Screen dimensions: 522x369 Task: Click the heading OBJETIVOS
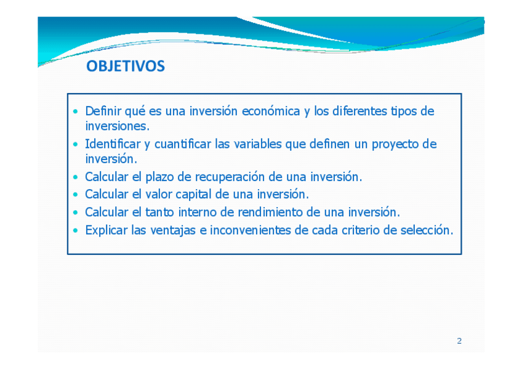[126, 66]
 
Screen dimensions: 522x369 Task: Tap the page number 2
[459, 341]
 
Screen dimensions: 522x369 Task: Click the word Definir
[103, 111]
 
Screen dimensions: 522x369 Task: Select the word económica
[271, 111]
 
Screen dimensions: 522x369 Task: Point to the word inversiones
[117, 126]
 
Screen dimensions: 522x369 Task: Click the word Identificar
[113, 144]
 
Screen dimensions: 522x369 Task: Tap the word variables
[258, 144]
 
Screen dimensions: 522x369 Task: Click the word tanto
[159, 212]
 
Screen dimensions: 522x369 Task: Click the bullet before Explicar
[76, 230]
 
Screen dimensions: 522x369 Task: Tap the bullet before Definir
[76, 112]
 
